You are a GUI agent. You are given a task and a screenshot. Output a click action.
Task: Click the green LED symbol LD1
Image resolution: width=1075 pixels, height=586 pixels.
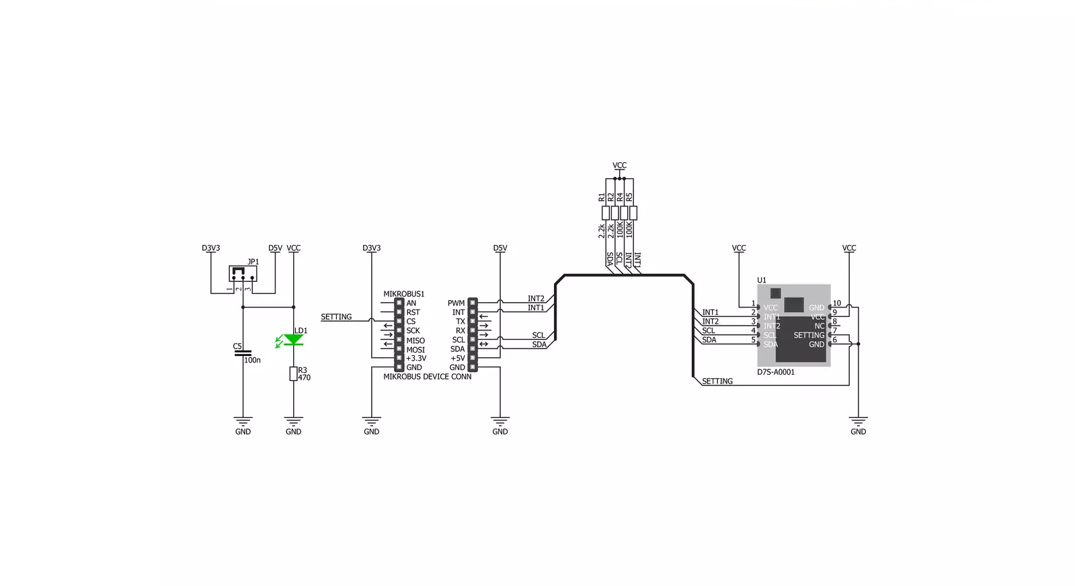292,340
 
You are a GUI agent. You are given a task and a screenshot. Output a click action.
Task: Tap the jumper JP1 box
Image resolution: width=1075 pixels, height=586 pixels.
243,273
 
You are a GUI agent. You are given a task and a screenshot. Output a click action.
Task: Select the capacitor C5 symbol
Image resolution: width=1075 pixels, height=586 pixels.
243,353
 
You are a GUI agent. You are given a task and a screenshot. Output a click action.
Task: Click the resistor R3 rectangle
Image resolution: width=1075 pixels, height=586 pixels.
293,373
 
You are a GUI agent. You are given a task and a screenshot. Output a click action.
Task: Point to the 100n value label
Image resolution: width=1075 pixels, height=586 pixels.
252,360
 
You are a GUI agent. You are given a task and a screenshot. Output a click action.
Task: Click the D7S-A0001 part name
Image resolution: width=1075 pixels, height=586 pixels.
776,372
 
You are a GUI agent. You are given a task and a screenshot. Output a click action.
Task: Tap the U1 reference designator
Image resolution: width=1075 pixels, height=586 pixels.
762,280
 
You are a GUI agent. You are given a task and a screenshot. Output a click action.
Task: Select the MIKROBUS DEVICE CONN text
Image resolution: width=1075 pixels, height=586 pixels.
427,377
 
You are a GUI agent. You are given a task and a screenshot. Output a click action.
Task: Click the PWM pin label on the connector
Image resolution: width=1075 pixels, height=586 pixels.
456,303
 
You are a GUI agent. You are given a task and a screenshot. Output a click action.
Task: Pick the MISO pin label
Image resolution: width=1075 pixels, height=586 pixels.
415,340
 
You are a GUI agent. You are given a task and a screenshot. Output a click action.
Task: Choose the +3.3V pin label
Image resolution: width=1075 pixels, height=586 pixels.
416,359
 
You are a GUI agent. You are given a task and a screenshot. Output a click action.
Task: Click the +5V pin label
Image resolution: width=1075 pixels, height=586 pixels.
458,359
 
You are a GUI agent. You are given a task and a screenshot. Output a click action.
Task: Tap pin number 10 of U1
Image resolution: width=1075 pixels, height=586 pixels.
837,303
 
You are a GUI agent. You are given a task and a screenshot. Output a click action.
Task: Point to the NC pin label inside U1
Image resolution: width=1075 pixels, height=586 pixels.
820,326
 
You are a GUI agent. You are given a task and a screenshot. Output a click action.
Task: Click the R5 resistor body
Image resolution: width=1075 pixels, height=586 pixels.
633,213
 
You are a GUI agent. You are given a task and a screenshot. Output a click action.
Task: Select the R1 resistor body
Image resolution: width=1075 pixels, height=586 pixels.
606,213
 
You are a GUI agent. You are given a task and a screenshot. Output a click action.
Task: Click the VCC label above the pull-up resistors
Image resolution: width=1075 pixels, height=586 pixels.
620,166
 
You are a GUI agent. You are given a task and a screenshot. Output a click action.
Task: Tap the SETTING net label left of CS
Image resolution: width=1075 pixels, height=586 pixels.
336,317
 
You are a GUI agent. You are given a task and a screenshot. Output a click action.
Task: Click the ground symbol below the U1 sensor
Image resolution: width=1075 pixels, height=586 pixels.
858,422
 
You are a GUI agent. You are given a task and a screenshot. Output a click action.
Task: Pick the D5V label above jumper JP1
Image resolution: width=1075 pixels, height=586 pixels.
276,248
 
